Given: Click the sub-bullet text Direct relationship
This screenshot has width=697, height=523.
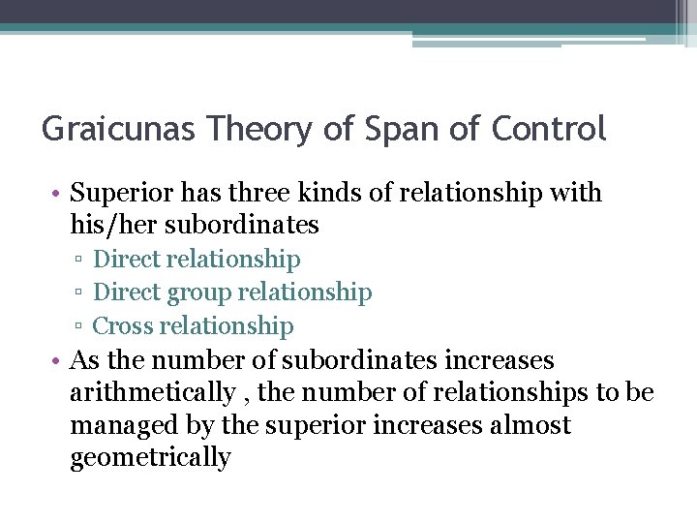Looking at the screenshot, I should (197, 260).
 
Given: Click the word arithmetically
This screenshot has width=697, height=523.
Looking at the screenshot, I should (152, 393).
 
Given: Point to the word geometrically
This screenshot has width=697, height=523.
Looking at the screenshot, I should (150, 458).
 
